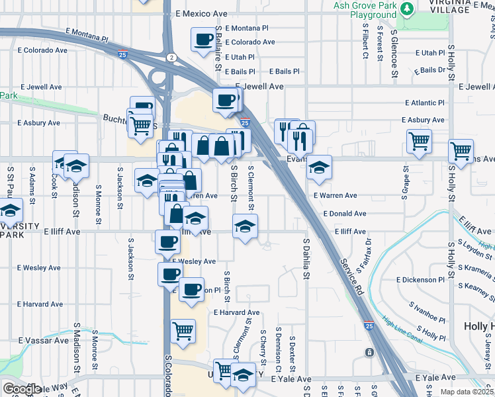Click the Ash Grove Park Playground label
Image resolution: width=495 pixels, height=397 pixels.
click(x=365, y=10)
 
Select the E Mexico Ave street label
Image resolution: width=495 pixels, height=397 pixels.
click(x=201, y=13)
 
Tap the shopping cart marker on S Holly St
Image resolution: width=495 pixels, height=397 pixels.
click(x=461, y=150)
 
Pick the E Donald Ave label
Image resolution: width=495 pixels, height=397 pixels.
click(x=344, y=214)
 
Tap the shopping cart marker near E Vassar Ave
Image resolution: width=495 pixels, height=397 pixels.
click(x=183, y=331)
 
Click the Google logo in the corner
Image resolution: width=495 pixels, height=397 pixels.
click(x=21, y=388)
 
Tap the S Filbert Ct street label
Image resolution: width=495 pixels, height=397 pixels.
click(x=365, y=42)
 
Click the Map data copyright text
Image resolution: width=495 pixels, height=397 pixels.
click(x=467, y=392)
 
